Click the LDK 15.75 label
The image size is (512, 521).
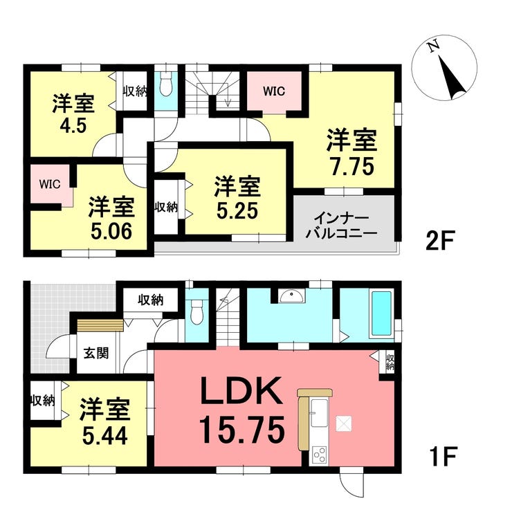[242, 411]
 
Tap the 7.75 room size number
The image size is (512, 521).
[352, 166]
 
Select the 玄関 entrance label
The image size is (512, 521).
[96, 353]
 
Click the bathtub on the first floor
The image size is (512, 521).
[381, 313]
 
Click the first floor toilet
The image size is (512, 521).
[197, 311]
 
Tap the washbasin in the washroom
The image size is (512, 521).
[292, 295]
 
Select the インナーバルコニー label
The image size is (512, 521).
[342, 226]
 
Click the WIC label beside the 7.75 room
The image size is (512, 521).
[274, 91]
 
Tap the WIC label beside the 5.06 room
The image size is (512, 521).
[50, 184]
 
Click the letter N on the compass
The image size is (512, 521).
[433, 46]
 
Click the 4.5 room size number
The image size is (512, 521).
[73, 126]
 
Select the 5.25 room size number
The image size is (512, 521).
[237, 210]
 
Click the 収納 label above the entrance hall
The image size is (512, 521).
[151, 300]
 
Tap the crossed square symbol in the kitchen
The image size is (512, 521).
[344, 423]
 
